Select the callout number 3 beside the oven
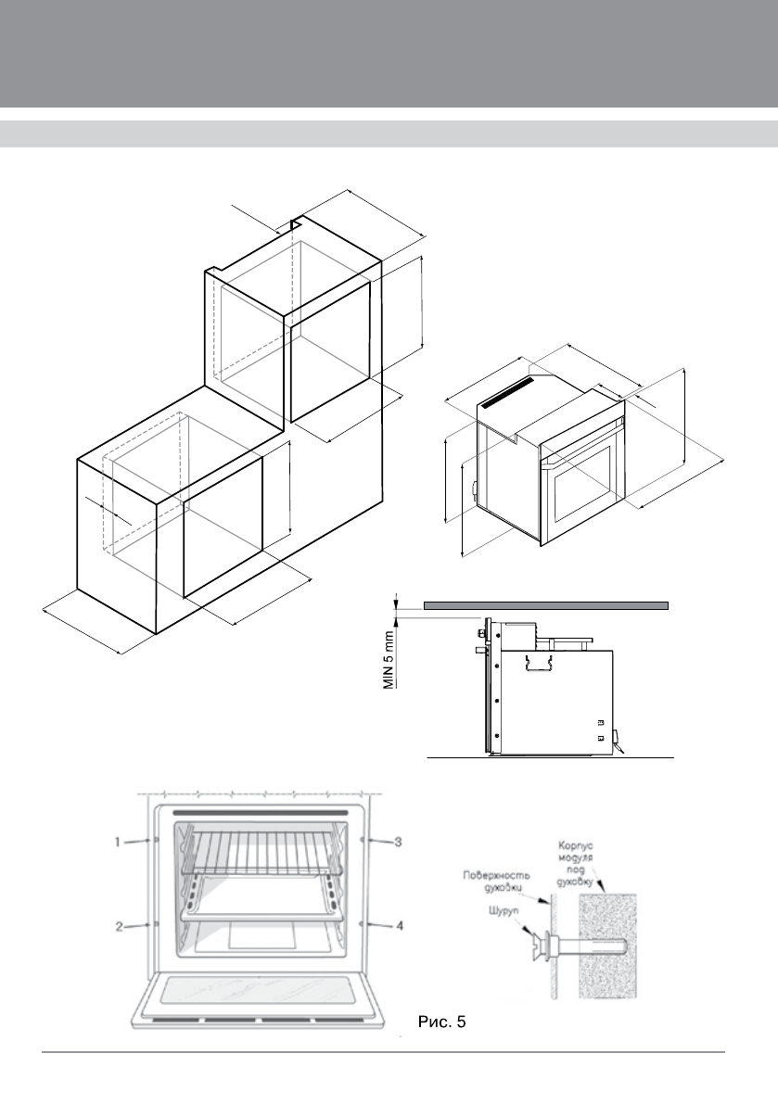click(x=397, y=842)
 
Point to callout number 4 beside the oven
click(x=397, y=925)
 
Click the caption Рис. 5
click(x=442, y=1023)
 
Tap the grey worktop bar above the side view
click(x=545, y=605)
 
